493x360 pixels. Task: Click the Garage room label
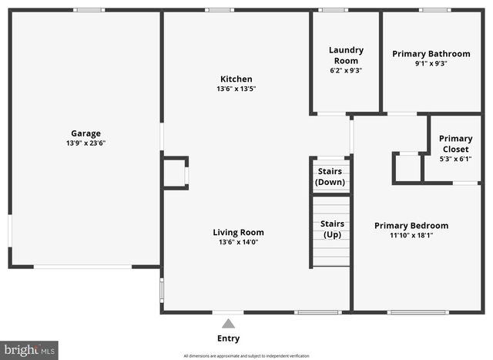click(x=86, y=133)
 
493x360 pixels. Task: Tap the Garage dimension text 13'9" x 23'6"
click(x=86, y=143)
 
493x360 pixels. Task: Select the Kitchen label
click(x=236, y=79)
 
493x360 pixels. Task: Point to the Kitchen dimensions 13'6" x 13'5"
click(x=236, y=89)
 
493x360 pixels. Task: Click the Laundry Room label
click(x=346, y=56)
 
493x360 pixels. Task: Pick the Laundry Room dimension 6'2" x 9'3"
click(x=346, y=70)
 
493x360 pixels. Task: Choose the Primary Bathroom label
click(x=431, y=54)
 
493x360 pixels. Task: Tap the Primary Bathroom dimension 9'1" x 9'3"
click(x=431, y=63)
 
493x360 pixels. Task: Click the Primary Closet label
click(x=455, y=144)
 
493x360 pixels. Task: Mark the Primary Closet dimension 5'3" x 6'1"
click(x=455, y=159)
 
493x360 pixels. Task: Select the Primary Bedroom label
click(x=411, y=226)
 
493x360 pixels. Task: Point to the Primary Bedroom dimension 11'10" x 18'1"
click(x=411, y=235)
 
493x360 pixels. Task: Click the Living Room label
click(x=238, y=232)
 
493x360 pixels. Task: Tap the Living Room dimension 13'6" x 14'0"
click(x=238, y=242)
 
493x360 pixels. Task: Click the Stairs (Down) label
click(x=330, y=177)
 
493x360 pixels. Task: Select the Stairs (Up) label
click(x=332, y=229)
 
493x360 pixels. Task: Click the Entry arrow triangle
click(x=228, y=324)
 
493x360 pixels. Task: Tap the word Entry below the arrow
click(x=228, y=338)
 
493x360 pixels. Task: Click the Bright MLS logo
click(x=29, y=350)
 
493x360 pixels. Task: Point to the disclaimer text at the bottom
click(x=246, y=355)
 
